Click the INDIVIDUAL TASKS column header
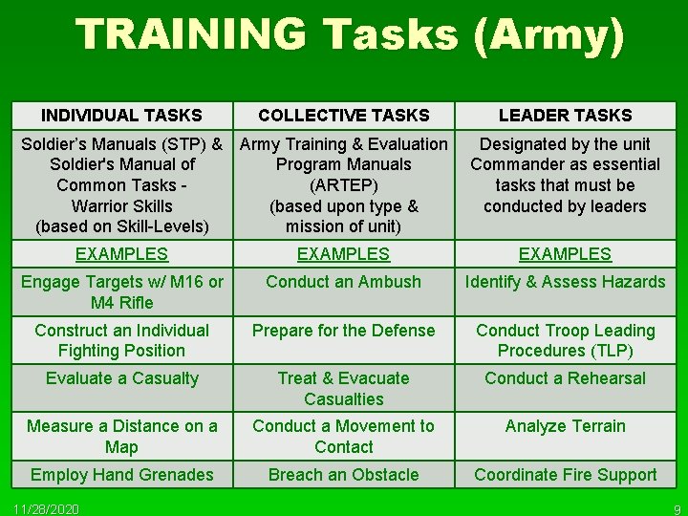point(121,116)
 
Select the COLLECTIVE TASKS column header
point(343,116)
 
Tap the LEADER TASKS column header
point(565,116)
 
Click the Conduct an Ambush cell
point(343,282)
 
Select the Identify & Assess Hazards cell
point(565,282)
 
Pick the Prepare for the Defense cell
point(343,331)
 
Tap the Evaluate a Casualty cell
point(121,378)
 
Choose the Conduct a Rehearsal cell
point(565,378)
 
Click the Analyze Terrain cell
point(565,426)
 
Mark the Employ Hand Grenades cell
point(121,475)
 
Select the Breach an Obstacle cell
point(343,475)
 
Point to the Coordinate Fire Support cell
point(565,475)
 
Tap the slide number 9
point(676,507)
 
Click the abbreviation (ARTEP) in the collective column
point(343,185)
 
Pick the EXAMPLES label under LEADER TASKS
point(565,254)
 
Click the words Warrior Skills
point(121,206)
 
